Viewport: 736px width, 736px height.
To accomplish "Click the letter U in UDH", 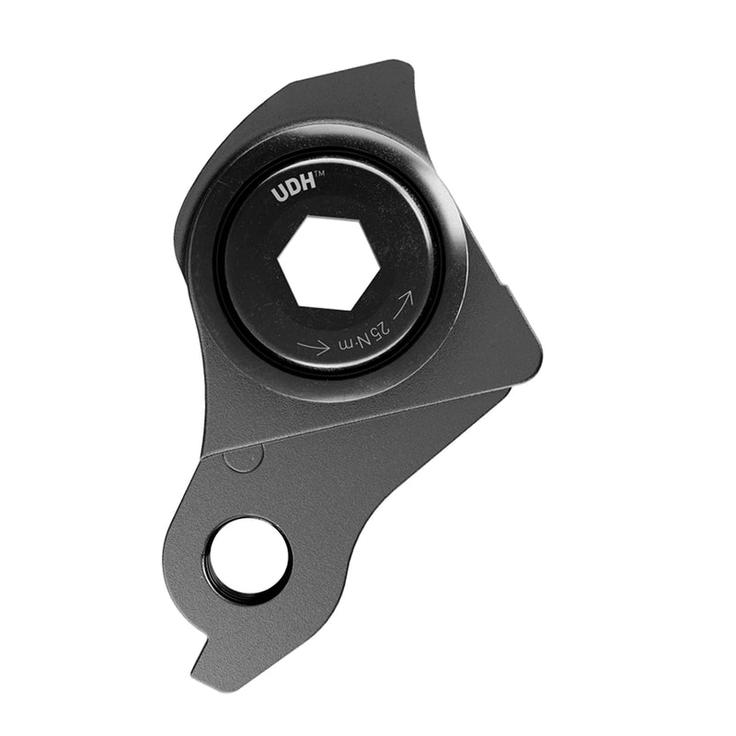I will [x=279, y=194].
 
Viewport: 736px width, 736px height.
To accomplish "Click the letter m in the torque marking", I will [x=348, y=346].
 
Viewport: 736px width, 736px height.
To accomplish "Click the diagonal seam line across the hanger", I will [x=368, y=423].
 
